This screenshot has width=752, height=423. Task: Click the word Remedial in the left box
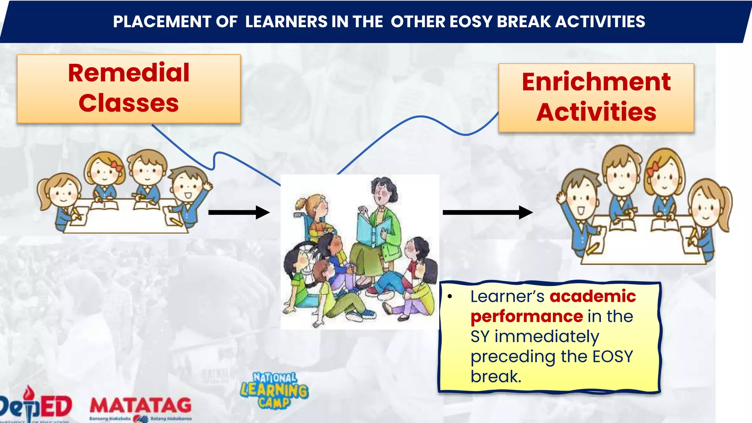coord(129,73)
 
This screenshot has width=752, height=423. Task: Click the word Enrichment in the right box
coord(596,82)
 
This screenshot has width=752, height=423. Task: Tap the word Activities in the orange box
coord(596,112)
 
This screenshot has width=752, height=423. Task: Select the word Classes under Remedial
coord(129,103)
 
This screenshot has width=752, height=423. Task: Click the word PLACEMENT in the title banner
coord(162,22)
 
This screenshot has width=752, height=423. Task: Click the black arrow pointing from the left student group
coord(239,212)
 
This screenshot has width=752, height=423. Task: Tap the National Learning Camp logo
coord(275,390)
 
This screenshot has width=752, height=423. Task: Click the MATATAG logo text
coord(141,406)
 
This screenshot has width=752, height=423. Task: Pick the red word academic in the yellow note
coord(593,296)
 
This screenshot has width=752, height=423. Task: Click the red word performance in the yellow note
coord(527,316)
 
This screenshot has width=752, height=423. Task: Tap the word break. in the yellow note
coord(496,376)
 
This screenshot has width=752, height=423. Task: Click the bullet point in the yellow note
coord(450,296)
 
